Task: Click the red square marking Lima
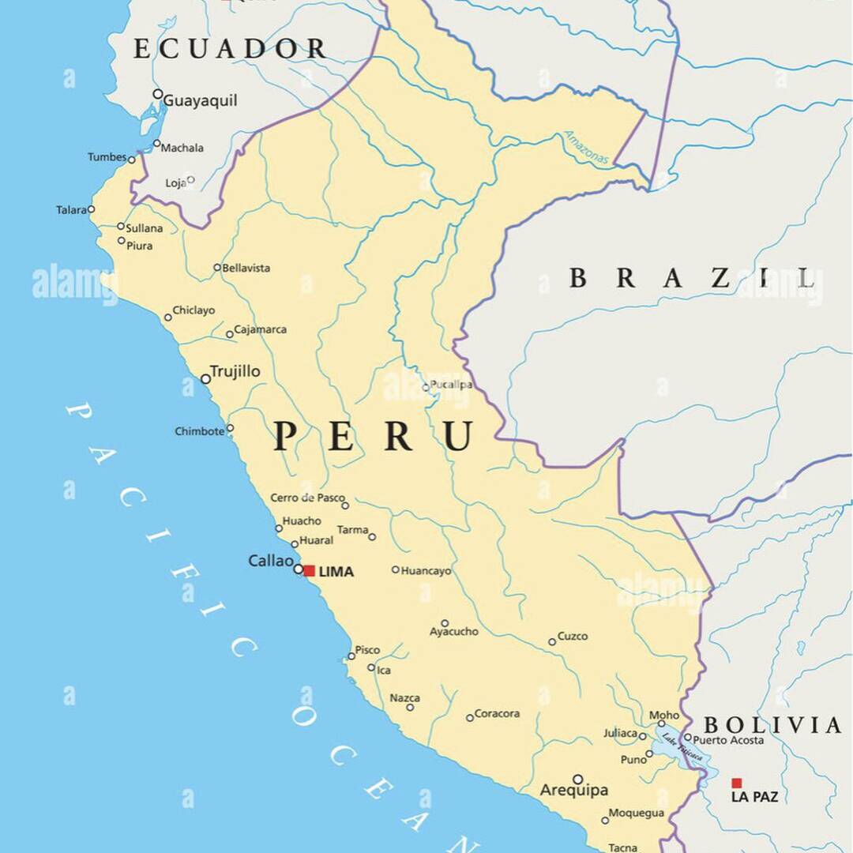tap(310, 570)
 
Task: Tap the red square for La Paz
tap(736, 783)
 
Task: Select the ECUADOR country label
tap(229, 49)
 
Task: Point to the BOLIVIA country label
tap(772, 725)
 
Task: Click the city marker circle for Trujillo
tap(206, 379)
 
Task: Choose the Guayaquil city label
tap(200, 101)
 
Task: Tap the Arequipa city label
tap(573, 790)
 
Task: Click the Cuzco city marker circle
tap(553, 642)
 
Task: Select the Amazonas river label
tap(586, 148)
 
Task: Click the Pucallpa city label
tap(452, 385)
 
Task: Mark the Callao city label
tap(271, 561)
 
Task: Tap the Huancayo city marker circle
tap(396, 569)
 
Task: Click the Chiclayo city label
tap(194, 310)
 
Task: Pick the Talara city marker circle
tap(91, 209)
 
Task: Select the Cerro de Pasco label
tap(307, 498)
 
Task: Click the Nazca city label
tap(405, 698)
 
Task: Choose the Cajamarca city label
tap(261, 329)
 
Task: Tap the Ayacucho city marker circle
tap(445, 623)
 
